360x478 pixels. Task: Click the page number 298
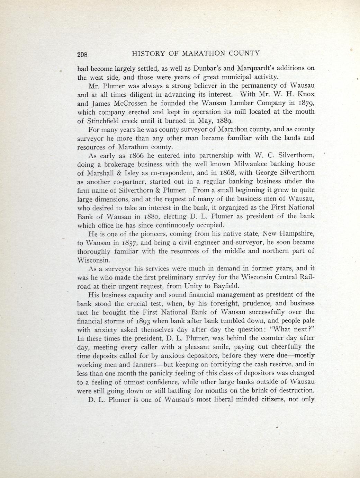[x=83, y=54]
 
